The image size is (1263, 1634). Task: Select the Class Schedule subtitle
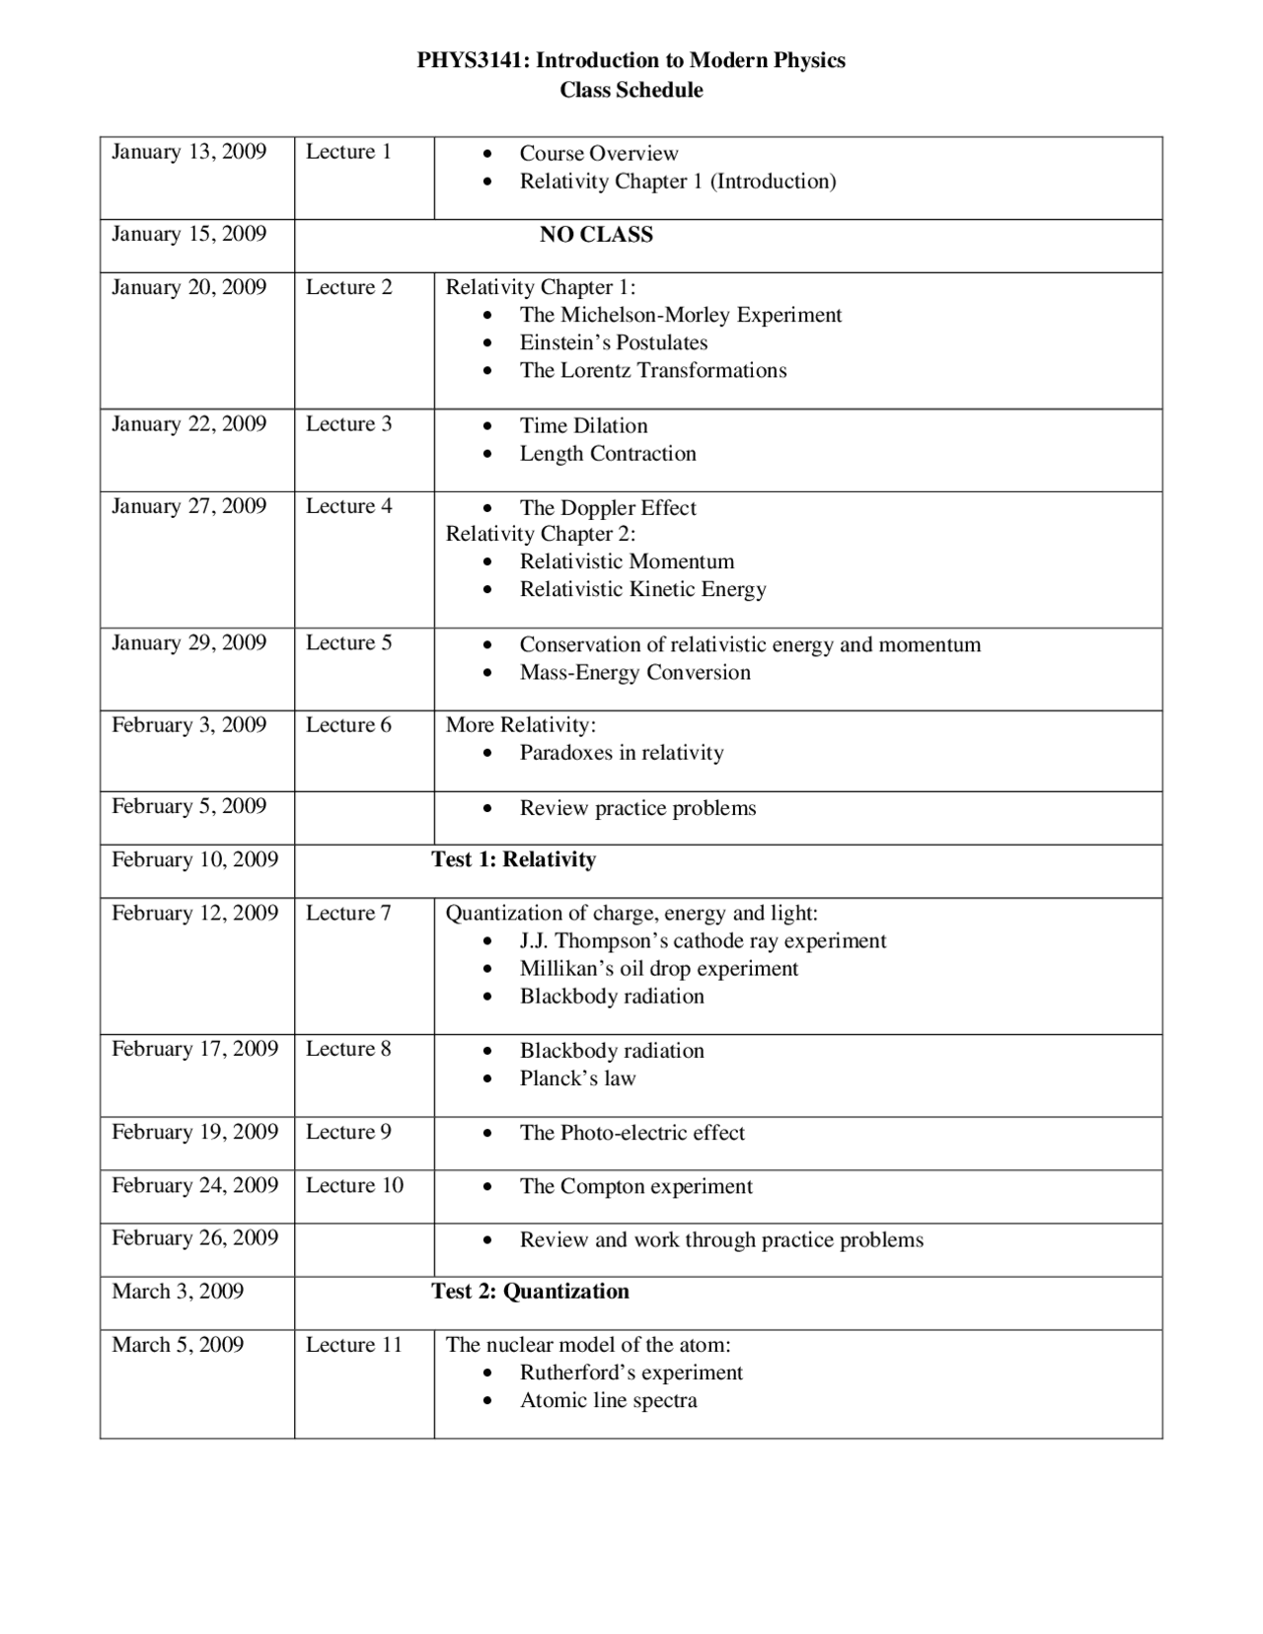631,91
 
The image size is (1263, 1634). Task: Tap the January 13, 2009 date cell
188,152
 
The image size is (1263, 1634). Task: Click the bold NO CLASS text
596,235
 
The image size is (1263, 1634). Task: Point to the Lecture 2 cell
348,288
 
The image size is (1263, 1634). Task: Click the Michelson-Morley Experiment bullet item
680,316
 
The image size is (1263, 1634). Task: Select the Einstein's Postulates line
613,343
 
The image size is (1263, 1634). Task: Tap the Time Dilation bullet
583,426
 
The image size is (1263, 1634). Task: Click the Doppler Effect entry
608,508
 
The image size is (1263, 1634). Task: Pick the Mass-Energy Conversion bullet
634,673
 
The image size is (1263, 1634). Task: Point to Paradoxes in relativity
622,754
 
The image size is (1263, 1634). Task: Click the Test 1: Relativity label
513,860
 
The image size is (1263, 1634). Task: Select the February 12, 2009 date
194,914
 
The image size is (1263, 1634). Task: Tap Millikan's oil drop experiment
658,969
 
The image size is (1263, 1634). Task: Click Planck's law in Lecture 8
577,1079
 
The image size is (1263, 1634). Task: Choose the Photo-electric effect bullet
631,1134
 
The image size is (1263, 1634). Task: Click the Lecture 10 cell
354,1186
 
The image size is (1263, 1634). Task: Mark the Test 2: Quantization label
530,1293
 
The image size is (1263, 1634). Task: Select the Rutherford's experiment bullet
631,1374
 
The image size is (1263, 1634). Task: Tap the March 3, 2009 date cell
178,1293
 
